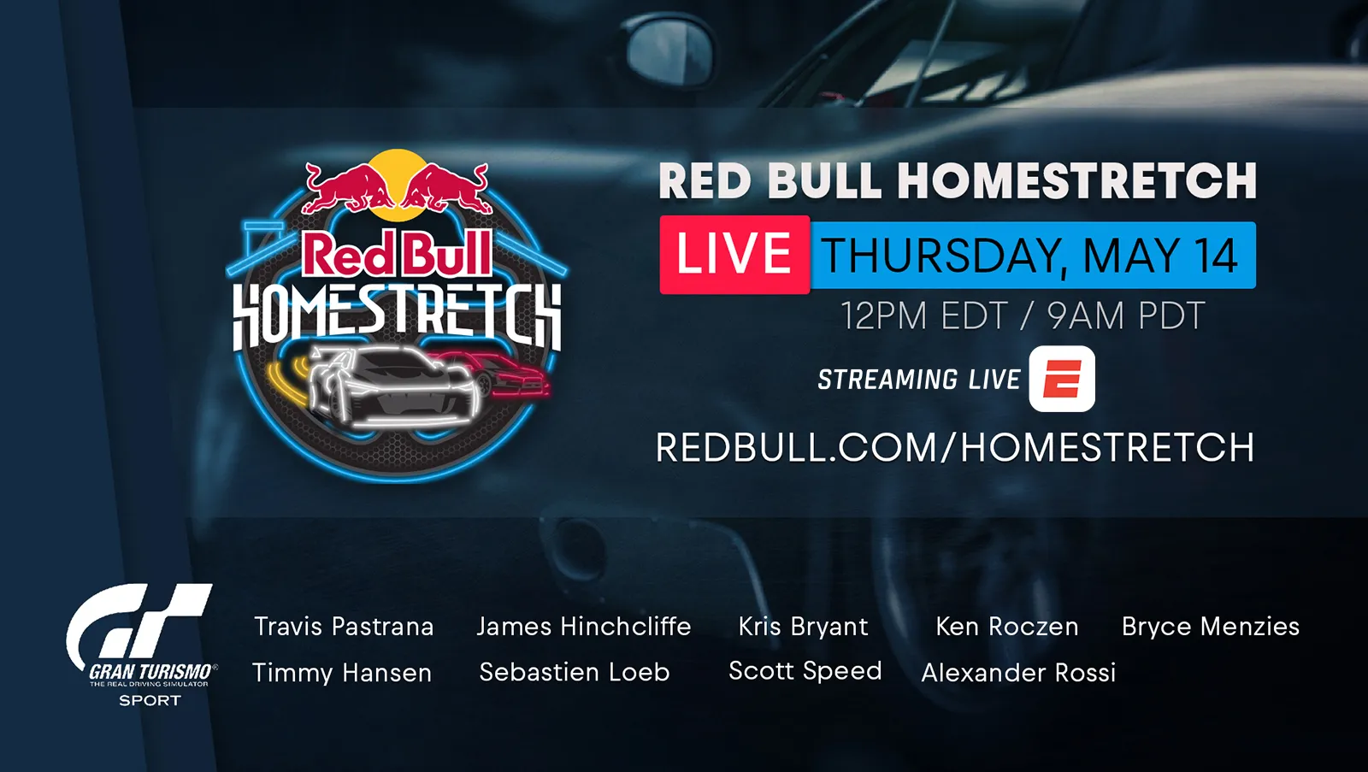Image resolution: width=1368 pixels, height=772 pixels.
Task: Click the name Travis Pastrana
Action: point(344,627)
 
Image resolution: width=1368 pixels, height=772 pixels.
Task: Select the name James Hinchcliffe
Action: point(584,627)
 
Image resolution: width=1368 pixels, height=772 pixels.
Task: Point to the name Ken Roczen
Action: point(1007,627)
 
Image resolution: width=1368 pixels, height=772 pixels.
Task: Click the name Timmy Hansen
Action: point(342,673)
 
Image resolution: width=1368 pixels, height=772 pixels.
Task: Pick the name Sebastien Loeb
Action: point(574,673)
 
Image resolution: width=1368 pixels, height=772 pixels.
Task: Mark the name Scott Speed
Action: point(805,671)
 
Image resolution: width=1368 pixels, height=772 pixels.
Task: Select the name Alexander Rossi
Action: point(1018,673)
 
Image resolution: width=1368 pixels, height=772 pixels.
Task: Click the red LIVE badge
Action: point(734,255)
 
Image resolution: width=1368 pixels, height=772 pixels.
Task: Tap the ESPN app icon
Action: point(1062,379)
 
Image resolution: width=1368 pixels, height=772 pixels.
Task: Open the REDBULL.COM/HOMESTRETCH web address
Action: point(955,448)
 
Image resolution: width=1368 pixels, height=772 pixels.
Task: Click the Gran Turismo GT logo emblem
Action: point(139,629)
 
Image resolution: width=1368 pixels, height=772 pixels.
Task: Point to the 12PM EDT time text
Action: point(923,315)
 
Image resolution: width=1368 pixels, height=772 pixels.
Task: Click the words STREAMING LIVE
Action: point(919,380)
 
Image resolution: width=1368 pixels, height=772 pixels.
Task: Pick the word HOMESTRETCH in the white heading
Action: point(1076,180)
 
